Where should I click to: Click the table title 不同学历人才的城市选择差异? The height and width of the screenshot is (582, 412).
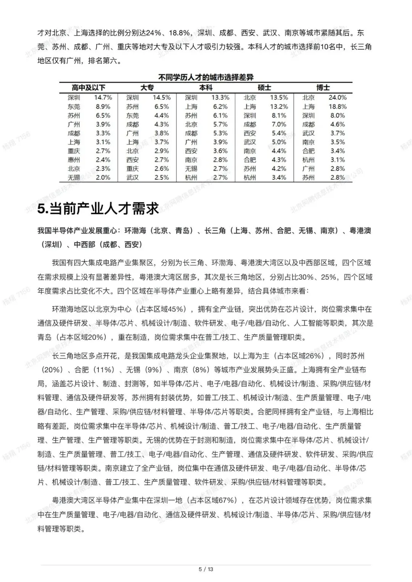point(206,78)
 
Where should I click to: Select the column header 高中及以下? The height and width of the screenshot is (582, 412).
point(89,88)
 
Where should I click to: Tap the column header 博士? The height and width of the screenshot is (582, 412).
point(323,88)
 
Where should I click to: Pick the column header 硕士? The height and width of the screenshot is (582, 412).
point(264,88)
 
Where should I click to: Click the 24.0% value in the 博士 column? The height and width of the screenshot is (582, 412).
point(338,98)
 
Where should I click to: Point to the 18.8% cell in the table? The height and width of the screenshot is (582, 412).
point(338,107)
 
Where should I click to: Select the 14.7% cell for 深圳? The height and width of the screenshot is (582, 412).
point(103,98)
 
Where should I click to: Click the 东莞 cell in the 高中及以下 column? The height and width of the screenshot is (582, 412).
point(74,107)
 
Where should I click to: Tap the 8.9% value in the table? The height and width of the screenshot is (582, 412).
point(103,107)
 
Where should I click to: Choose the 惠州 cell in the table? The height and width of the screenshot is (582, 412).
point(74,160)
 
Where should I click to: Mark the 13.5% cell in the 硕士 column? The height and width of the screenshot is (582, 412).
point(279,98)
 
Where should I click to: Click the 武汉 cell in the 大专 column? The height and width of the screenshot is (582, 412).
point(133,178)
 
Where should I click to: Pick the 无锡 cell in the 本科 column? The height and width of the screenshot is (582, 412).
point(191,168)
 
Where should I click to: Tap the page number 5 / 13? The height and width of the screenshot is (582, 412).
point(206,569)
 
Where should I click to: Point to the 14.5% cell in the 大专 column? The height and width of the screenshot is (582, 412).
point(162,98)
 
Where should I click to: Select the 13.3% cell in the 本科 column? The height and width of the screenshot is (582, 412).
point(220,98)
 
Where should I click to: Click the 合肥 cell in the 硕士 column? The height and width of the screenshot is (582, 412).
point(250,160)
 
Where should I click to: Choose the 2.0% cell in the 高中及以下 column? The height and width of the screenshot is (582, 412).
point(103,178)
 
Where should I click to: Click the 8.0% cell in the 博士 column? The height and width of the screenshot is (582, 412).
point(338,115)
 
